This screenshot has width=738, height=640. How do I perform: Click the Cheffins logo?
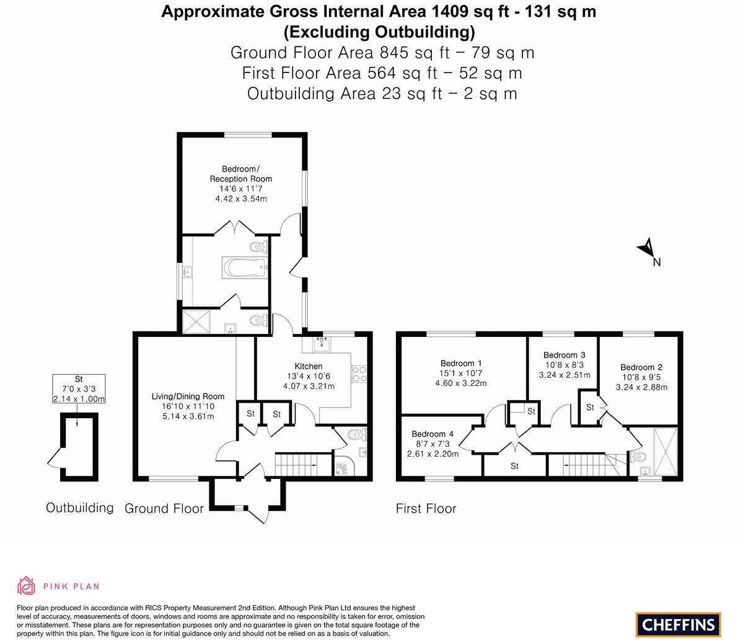point(678,625)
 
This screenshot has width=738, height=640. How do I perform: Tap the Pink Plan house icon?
point(27,586)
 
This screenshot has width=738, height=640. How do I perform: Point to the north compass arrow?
point(646,247)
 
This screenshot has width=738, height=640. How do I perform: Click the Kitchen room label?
point(309,366)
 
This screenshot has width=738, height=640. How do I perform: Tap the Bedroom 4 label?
point(433,434)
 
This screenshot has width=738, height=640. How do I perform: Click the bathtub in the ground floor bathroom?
point(245,268)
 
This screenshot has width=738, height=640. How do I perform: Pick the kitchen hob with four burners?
point(359,374)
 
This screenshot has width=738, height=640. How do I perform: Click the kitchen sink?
point(322,344)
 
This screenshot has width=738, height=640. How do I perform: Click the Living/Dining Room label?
point(188,397)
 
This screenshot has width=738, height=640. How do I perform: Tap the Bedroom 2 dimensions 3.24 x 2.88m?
point(641,387)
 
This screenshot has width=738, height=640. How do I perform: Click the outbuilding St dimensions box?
point(79,388)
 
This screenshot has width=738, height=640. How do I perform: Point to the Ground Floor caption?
point(164,508)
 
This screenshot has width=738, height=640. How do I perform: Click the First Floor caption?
point(426,508)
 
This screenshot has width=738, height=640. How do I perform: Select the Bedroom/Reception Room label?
point(241,173)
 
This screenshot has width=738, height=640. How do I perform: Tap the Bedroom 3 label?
point(564,355)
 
